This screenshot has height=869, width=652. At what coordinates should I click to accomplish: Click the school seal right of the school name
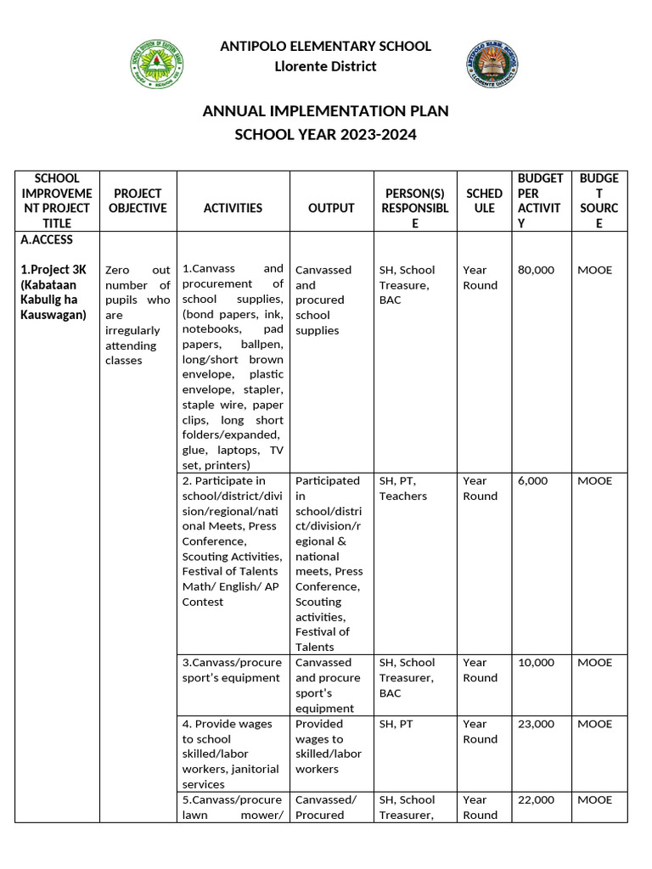click(493, 64)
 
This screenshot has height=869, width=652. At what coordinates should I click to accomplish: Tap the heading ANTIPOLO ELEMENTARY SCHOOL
click(325, 46)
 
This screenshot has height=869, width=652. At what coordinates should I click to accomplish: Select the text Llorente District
click(325, 66)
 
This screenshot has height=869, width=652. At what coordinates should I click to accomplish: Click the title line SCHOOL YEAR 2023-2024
click(325, 135)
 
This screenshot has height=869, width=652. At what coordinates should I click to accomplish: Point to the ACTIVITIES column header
click(233, 208)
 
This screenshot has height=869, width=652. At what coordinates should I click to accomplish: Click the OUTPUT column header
click(330, 208)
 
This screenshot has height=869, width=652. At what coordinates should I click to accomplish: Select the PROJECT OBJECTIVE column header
click(138, 200)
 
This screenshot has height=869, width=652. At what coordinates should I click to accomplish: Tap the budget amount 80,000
click(536, 270)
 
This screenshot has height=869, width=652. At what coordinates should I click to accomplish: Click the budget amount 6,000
click(533, 480)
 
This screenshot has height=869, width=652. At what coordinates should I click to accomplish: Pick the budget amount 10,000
click(536, 662)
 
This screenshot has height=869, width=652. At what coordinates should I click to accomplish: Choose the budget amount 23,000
click(536, 724)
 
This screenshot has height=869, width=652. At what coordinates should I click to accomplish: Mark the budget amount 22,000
click(536, 799)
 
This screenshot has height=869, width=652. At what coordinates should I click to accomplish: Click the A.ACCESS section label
click(47, 240)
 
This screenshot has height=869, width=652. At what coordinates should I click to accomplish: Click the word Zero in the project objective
click(118, 270)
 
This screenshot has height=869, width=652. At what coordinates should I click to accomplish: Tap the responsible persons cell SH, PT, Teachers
click(403, 488)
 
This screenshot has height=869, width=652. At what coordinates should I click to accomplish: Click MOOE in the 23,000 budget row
click(594, 724)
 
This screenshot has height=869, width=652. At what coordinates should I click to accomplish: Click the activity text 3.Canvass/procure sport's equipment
click(230, 670)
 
